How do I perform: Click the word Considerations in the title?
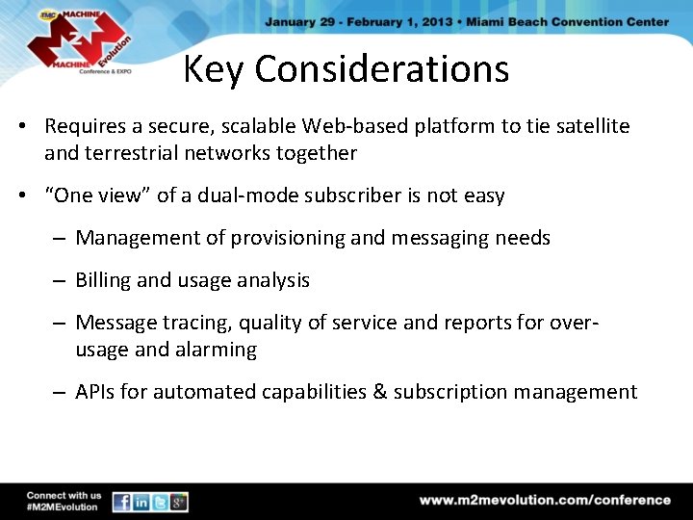pyautogui.click(x=381, y=69)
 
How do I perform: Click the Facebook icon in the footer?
pyautogui.click(x=122, y=502)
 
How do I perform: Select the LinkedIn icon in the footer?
pyautogui.click(x=141, y=502)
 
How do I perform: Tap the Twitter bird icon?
pyautogui.click(x=160, y=502)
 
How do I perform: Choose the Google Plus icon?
pyautogui.click(x=178, y=502)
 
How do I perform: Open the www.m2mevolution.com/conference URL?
pyautogui.click(x=545, y=500)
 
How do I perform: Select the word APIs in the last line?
pyautogui.click(x=97, y=391)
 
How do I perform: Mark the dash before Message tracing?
pyautogui.click(x=59, y=323)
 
